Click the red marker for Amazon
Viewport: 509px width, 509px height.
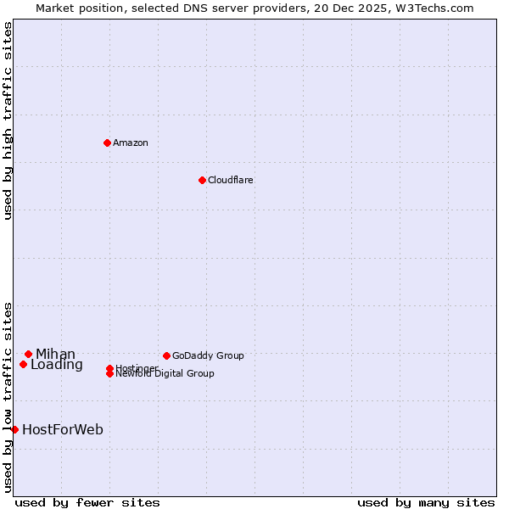pyautogui.click(x=107, y=143)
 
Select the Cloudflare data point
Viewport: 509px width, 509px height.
pyautogui.click(x=202, y=180)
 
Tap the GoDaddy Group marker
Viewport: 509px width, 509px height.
pyautogui.click(x=166, y=355)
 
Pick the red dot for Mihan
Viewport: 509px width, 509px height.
pyautogui.click(x=28, y=354)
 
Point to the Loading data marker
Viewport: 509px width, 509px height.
pyautogui.click(x=23, y=364)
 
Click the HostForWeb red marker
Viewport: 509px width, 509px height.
pyautogui.click(x=14, y=429)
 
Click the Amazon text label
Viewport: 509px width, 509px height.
pyautogui.click(x=130, y=143)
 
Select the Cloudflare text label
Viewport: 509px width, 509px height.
pyautogui.click(x=230, y=180)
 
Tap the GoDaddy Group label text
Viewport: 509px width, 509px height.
pyautogui.click(x=207, y=355)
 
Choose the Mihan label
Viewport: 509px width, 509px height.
pyautogui.click(x=55, y=354)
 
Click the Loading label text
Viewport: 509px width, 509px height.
pyautogui.click(x=56, y=365)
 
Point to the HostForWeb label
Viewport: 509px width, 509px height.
pyautogui.click(x=62, y=429)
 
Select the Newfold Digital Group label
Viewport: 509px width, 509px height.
pyautogui.click(x=165, y=374)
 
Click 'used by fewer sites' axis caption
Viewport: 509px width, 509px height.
pyautogui.click(x=87, y=502)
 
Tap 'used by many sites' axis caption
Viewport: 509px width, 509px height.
pyautogui.click(x=426, y=502)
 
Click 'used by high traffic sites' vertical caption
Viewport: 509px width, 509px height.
pyautogui.click(x=8, y=120)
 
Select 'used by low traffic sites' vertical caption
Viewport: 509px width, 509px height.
pyautogui.click(x=8, y=396)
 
